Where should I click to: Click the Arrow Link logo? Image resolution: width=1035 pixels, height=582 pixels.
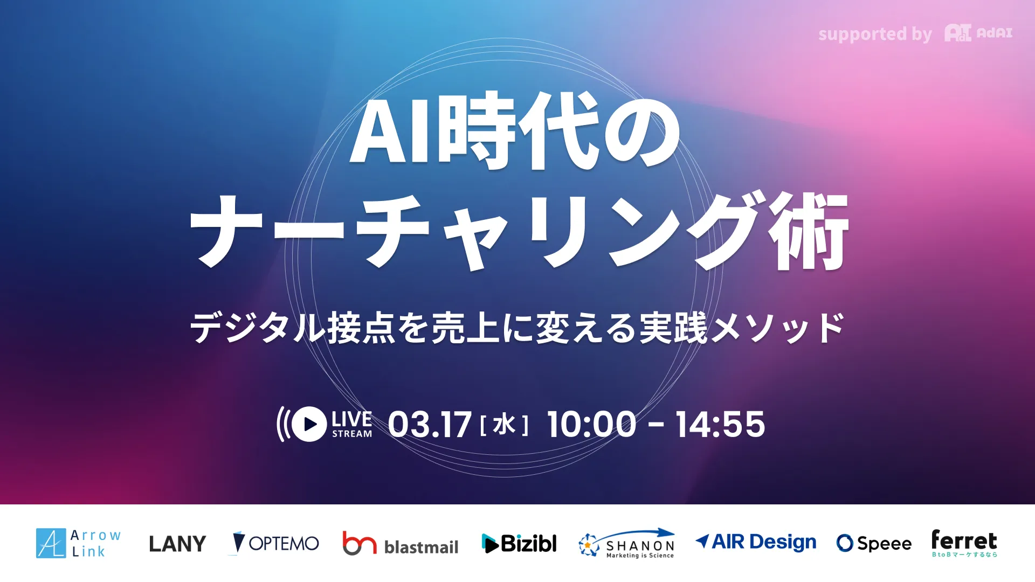click(x=79, y=543)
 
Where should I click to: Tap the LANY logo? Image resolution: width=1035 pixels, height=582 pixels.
click(x=177, y=544)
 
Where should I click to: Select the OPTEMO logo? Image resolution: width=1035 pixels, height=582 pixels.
click(x=275, y=543)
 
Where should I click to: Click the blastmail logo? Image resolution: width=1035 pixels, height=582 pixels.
click(x=400, y=544)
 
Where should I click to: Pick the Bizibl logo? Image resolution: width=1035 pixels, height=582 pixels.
click(x=519, y=543)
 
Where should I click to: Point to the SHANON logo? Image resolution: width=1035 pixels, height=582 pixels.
click(x=626, y=543)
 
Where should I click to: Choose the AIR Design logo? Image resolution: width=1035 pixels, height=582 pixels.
click(x=756, y=542)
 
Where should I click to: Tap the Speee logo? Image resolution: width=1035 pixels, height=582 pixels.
click(x=874, y=543)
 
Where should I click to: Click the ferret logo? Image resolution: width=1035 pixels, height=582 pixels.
click(x=964, y=543)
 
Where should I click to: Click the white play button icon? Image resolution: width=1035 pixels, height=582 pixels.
click(x=309, y=424)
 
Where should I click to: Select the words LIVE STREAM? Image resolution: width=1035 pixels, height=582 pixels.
click(x=351, y=424)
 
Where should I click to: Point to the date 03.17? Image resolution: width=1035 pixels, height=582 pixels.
click(x=430, y=425)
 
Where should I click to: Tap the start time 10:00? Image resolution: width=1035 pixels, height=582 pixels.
click(x=591, y=424)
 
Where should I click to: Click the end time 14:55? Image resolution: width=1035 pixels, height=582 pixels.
click(x=720, y=424)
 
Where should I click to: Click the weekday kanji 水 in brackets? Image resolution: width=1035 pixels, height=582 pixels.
click(x=504, y=425)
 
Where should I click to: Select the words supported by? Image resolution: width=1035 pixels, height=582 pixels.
click(x=874, y=34)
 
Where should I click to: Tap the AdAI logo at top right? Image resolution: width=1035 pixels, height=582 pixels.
click(x=978, y=33)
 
